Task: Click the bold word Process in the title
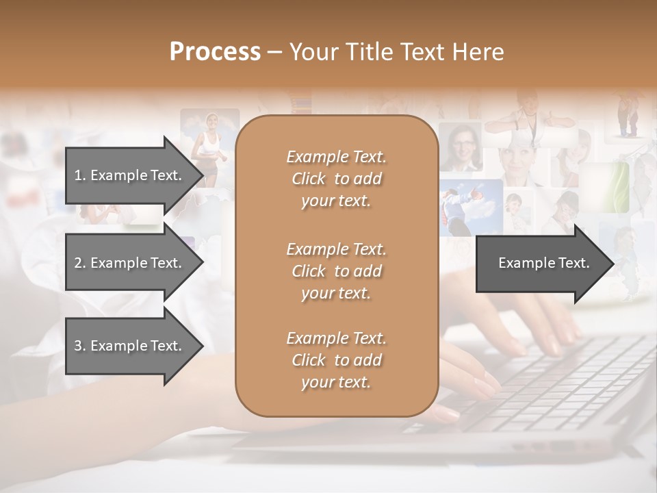(215, 52)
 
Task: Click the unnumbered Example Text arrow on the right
(543, 263)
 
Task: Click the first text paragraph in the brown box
(336, 179)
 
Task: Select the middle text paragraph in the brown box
(336, 271)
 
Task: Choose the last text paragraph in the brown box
(336, 360)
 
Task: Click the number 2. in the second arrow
(79, 263)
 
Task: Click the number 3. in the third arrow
(79, 346)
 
